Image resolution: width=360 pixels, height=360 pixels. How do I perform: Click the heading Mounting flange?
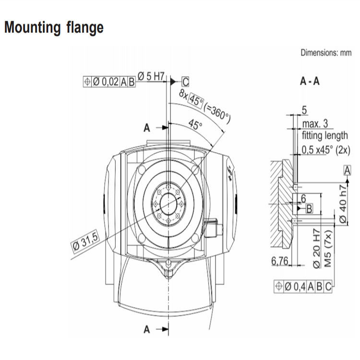(54, 27)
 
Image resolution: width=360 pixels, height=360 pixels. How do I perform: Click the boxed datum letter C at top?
(185, 82)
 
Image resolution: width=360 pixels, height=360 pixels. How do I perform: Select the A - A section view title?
(310, 81)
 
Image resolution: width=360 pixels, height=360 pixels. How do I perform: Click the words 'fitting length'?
(325, 135)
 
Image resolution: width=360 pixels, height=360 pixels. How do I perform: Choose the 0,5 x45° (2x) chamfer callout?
(326, 150)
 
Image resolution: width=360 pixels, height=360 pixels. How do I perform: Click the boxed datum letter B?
(310, 208)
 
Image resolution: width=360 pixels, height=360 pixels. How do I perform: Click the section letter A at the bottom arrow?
(147, 329)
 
